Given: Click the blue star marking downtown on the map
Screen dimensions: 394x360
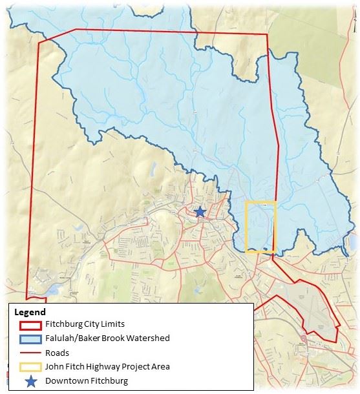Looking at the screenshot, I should click(200, 211).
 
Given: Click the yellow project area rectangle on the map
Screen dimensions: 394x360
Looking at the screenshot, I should click(261, 226).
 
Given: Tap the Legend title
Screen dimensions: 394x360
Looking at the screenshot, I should click(30, 311).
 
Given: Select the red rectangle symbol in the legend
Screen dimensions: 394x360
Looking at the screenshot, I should click(27, 324).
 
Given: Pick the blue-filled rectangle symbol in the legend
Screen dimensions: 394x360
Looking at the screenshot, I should click(27, 338).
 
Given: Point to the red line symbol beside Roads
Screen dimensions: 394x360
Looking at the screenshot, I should click(27, 353).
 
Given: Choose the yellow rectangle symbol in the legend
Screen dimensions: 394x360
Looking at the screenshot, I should click(27, 366).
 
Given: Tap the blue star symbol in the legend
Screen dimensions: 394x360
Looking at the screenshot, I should click(27, 380).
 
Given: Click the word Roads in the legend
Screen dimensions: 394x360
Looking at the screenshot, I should click(57, 353).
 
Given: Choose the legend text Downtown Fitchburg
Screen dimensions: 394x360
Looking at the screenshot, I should click(87, 381).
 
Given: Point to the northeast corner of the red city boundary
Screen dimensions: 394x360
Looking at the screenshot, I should click(267, 35).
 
